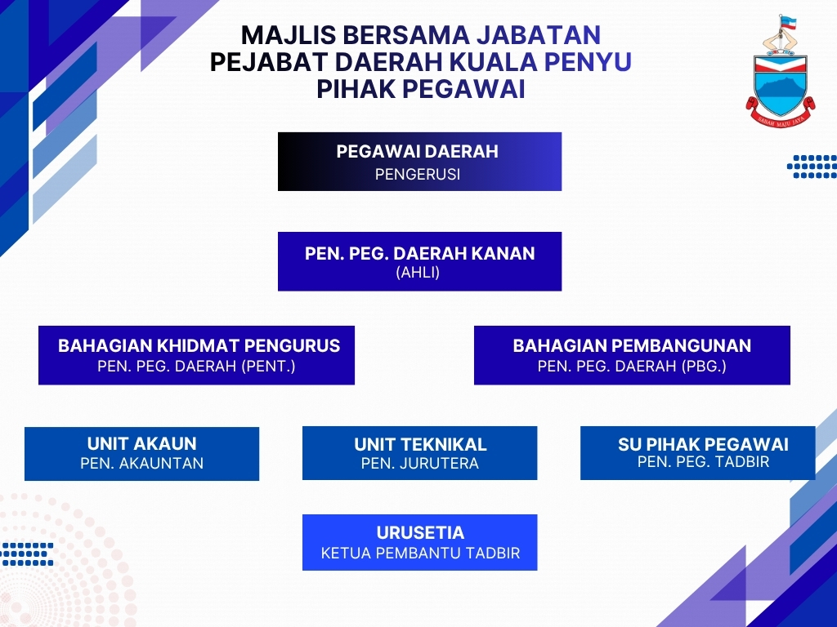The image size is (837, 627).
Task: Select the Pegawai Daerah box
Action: point(419,162)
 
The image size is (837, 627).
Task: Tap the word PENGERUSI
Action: point(418,175)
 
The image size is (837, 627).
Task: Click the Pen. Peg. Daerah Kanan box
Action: point(419,261)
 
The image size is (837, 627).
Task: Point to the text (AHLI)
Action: point(418,273)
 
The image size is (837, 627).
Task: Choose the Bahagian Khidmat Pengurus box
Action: point(196,355)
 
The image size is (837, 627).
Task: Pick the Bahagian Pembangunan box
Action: point(632,355)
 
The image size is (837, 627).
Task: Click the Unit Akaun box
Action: point(142,454)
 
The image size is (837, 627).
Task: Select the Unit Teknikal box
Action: point(419,453)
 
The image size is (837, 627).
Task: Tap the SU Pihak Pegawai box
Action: point(698,453)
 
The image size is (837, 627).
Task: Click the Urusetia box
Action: point(419,542)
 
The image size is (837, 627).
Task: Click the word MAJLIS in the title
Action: point(289,35)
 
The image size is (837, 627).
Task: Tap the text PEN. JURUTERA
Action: point(419,464)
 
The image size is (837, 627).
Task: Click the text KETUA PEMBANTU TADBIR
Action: point(420,553)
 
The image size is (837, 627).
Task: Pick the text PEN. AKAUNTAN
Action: point(142,464)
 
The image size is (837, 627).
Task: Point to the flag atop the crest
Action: point(788,22)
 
